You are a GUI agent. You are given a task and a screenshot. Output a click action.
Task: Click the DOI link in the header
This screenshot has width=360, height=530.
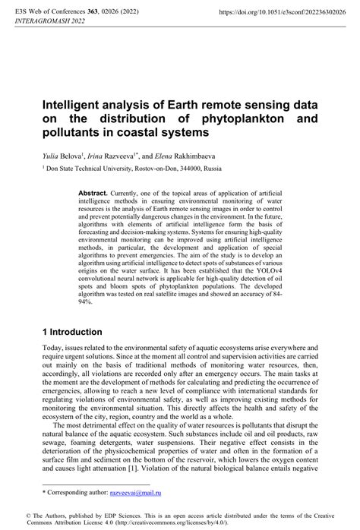tap(277, 12)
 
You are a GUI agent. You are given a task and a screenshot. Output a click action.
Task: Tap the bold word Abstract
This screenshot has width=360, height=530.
tap(93, 194)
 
